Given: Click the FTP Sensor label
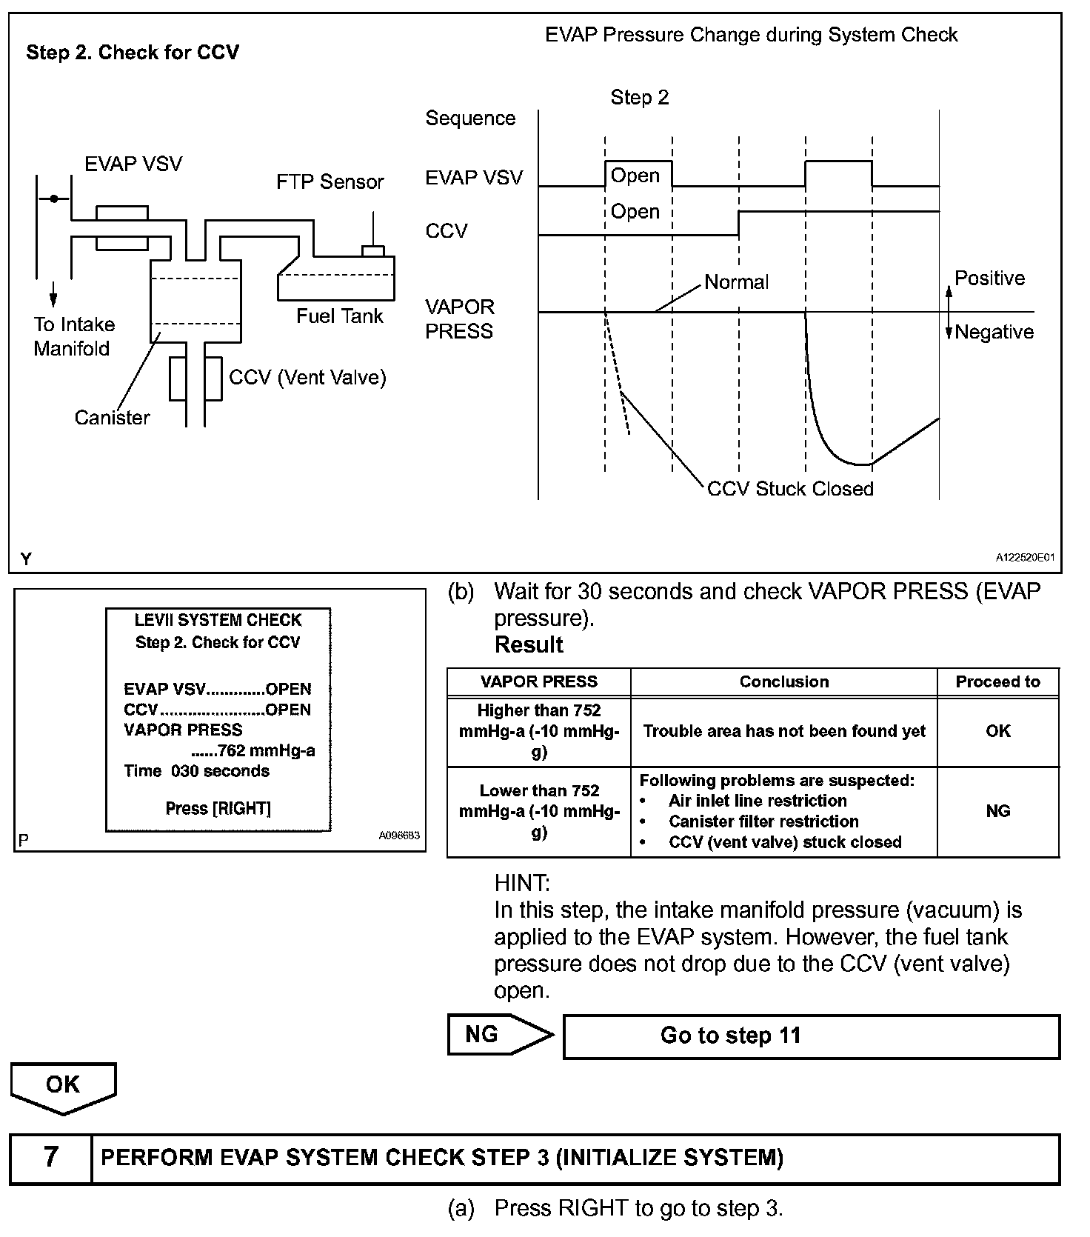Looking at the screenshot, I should [330, 182].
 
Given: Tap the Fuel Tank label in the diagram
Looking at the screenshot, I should [339, 316].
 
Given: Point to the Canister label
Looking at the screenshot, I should [112, 418].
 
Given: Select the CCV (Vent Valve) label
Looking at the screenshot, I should [307, 378].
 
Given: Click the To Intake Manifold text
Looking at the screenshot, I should [73, 336].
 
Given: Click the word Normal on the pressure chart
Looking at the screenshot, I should [736, 282].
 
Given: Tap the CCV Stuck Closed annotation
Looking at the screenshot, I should [790, 489].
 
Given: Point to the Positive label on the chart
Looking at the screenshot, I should [989, 279].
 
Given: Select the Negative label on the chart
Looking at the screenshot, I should [994, 332].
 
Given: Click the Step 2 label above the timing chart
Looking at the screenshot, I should [639, 98].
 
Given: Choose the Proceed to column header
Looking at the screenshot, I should [997, 682].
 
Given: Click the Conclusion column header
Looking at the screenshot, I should [783, 682].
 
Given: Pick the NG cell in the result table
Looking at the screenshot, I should [997, 811].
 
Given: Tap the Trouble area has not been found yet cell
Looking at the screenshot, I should [783, 731].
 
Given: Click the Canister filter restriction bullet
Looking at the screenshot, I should [763, 821].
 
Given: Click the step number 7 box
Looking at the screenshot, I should [50, 1157].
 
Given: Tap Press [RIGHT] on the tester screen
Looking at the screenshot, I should [218, 808].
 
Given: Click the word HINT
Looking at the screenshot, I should [521, 883].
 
